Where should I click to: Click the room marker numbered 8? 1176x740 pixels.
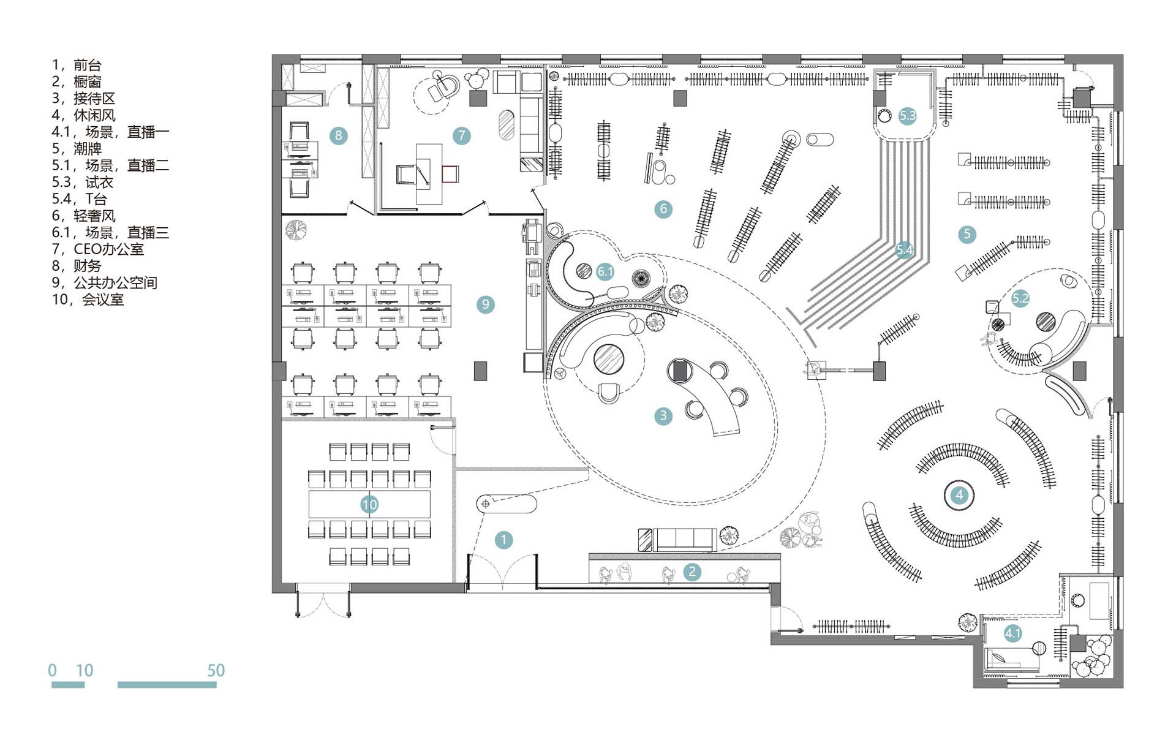tap(338, 135)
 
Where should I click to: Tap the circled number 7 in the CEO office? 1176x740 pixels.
tap(461, 135)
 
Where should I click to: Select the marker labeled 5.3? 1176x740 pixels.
tap(907, 116)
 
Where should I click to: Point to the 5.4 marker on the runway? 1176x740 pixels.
tap(905, 249)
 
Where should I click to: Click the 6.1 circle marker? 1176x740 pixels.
tap(605, 271)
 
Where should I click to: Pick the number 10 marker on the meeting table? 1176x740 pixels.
tap(369, 504)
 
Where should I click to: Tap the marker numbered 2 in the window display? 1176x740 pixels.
tap(692, 572)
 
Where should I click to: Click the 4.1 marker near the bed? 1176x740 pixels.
tap(1012, 633)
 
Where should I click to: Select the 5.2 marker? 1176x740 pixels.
tap(1020, 298)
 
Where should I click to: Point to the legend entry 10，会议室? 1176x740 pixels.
tap(88, 300)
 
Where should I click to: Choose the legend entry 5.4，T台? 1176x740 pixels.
tap(80, 199)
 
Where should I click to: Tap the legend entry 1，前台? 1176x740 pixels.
tap(77, 65)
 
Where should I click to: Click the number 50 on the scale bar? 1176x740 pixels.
tap(216, 670)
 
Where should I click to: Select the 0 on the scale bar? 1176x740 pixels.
tap(53, 670)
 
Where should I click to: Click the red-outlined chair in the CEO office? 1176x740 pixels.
tap(450, 174)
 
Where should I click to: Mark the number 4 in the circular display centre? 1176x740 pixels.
tap(959, 495)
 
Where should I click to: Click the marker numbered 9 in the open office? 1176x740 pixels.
tap(485, 304)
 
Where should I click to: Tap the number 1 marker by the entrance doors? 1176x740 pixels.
tap(503, 540)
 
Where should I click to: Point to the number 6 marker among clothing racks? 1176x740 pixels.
tap(663, 209)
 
